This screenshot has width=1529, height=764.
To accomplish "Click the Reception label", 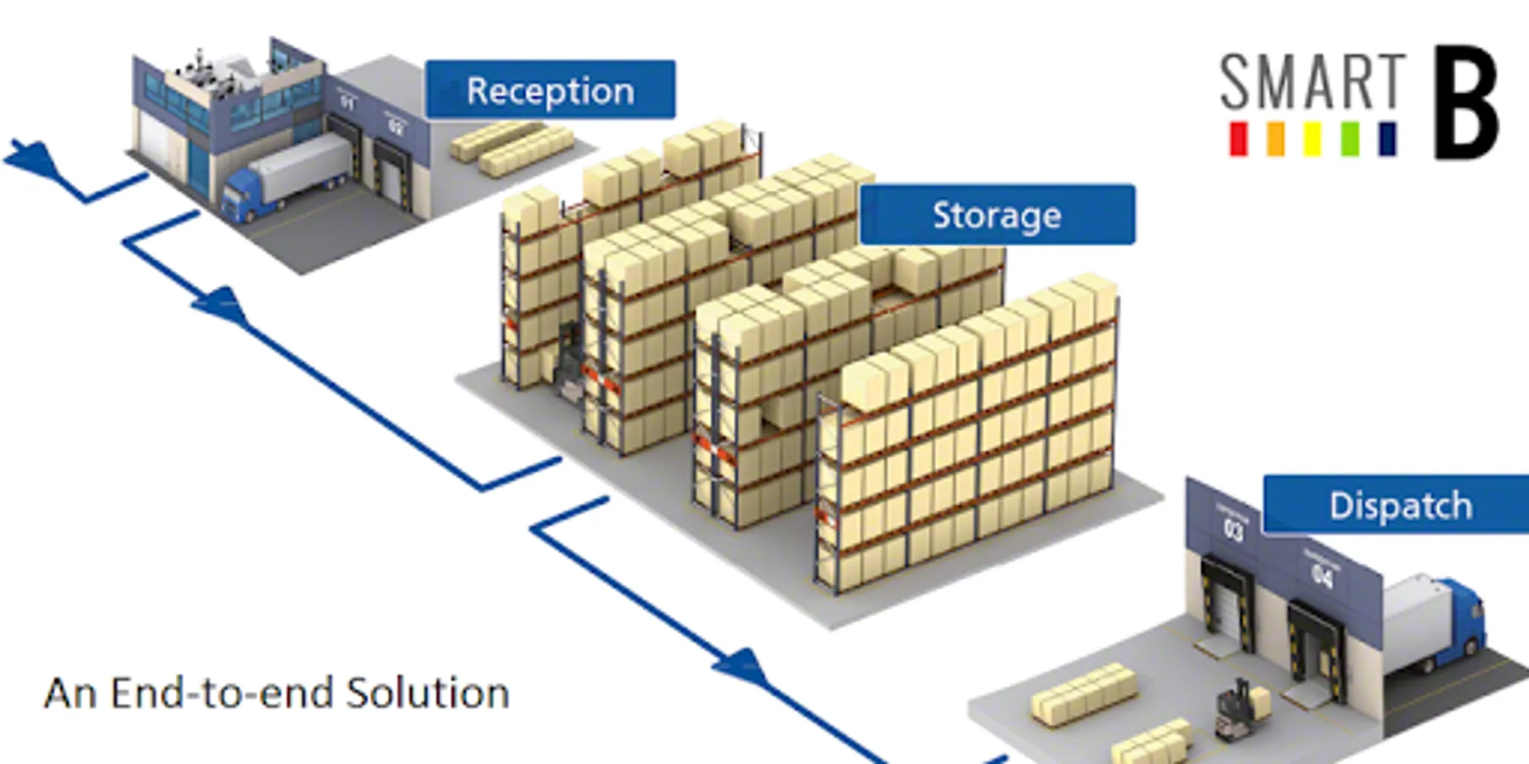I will (x=550, y=90).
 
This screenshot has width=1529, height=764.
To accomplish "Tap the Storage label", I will (x=996, y=215).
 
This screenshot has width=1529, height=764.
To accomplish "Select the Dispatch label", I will (x=1400, y=506).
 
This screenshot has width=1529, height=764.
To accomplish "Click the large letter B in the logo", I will (x=1466, y=103).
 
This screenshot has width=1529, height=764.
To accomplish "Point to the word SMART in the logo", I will (x=1312, y=81).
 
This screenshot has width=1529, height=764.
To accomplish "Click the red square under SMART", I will (x=1238, y=139).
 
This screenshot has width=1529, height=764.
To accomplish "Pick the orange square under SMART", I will (x=1275, y=139).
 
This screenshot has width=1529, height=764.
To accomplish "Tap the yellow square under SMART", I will (x=1312, y=139).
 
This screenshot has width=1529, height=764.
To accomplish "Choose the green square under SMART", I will (x=1350, y=139).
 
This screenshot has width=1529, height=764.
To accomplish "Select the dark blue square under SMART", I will (x=1387, y=139).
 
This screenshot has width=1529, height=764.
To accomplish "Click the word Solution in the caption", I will (x=428, y=694).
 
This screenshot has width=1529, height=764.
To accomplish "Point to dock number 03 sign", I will (x=1233, y=530).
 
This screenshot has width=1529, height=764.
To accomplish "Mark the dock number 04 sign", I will (x=1322, y=576).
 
